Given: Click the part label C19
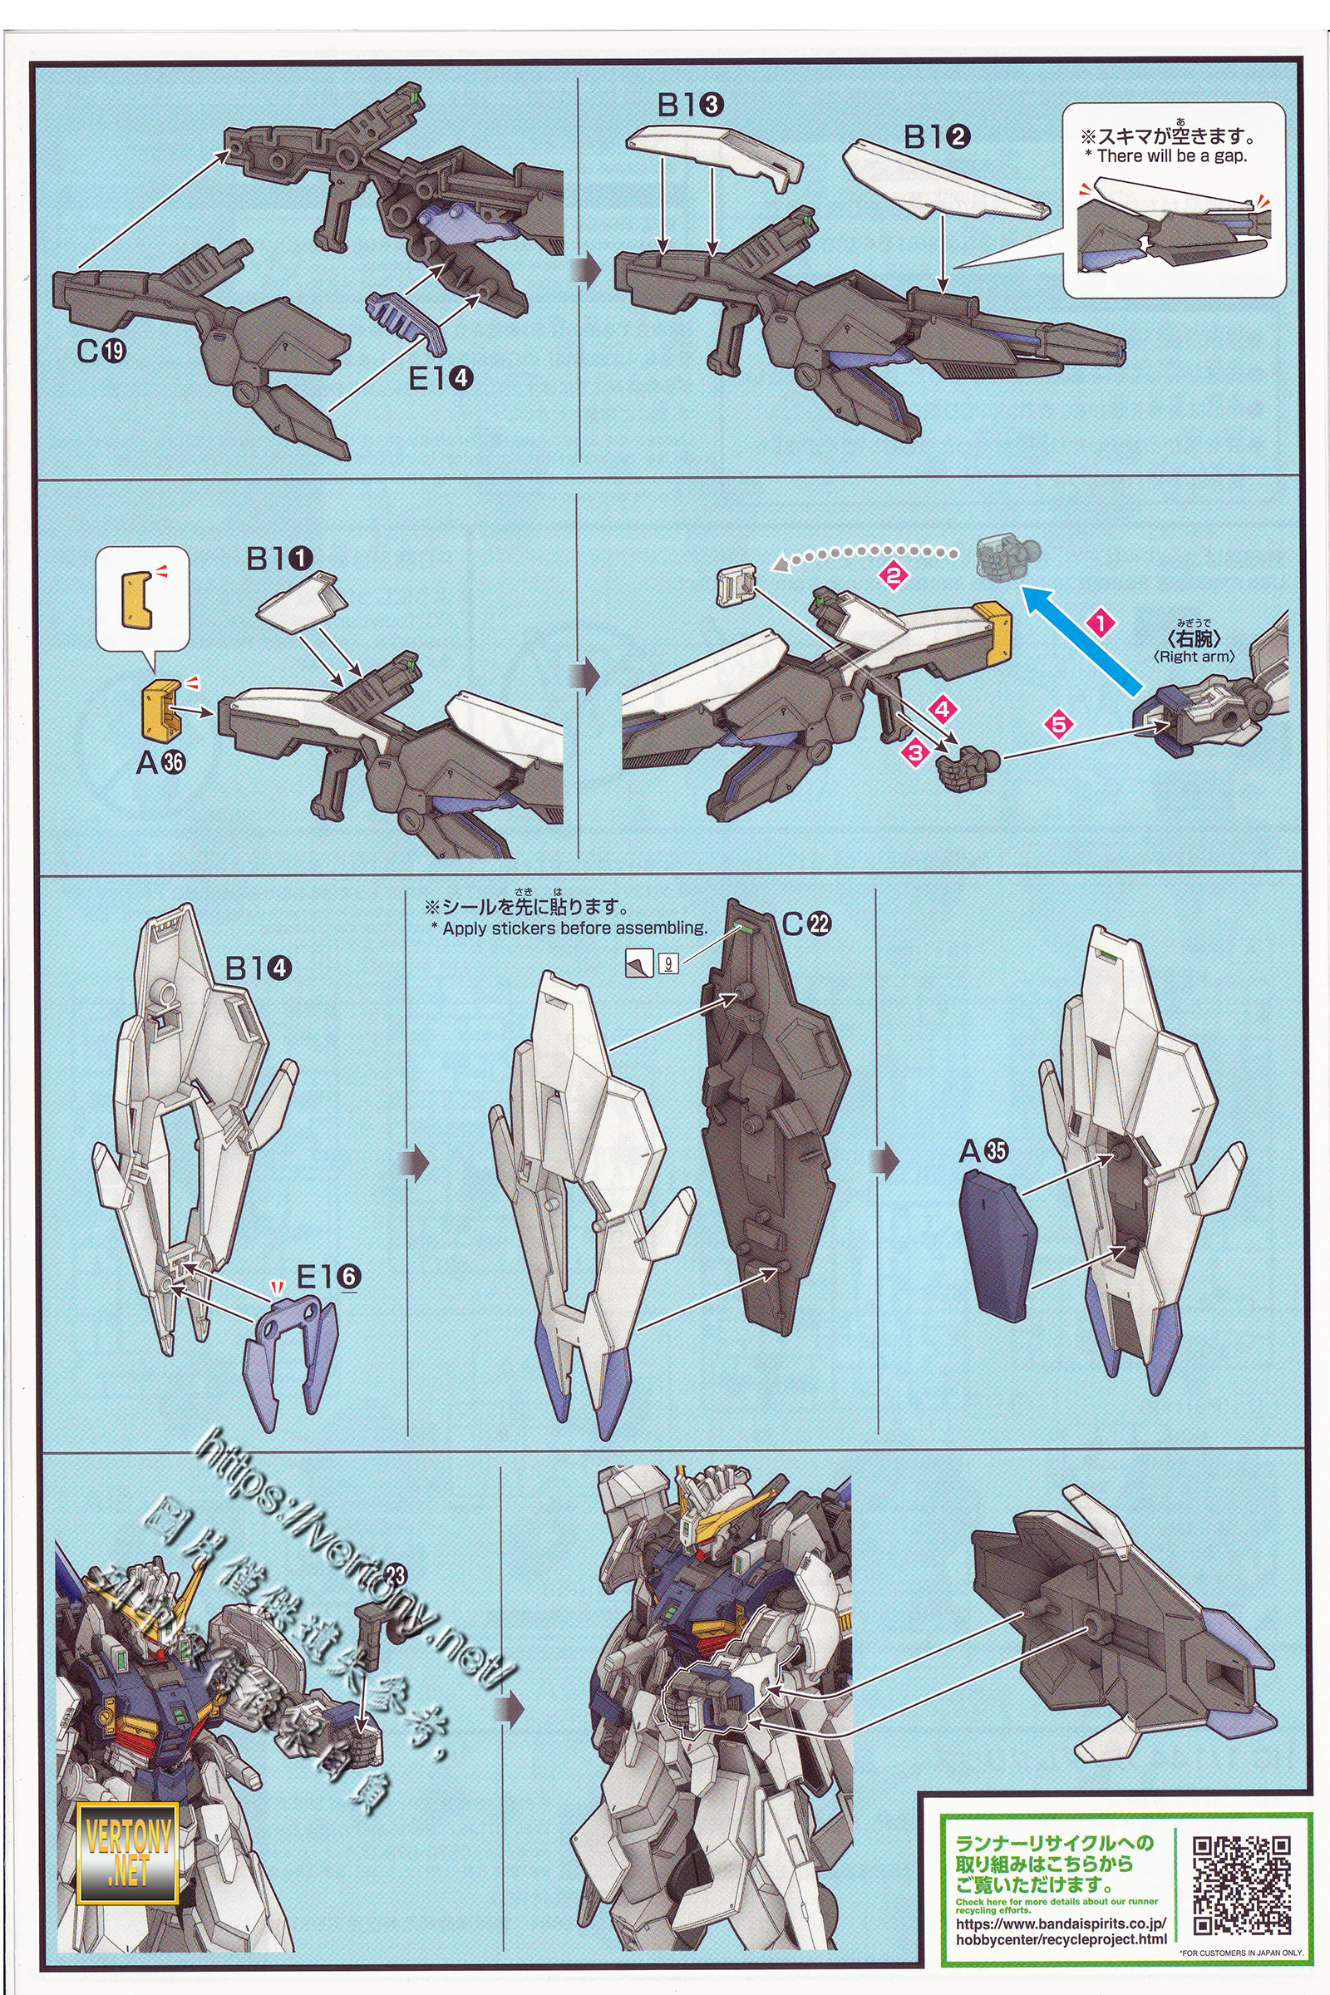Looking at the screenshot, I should tap(101, 349).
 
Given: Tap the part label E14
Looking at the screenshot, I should tap(441, 378).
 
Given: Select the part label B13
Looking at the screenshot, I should tap(690, 105).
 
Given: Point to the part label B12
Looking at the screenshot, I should tap(938, 135).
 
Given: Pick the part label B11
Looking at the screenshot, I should tap(279, 558).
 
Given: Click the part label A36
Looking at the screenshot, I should tap(160, 761).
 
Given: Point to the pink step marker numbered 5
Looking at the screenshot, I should tap(1057, 724).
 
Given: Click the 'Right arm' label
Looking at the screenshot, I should tap(1194, 657).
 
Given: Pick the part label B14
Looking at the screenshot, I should tap(258, 968).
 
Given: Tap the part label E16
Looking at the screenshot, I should tap(328, 1276).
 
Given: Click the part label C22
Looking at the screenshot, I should tap(806, 924).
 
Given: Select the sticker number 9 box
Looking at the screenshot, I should tap(668, 963).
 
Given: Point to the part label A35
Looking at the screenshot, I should tap(983, 1151).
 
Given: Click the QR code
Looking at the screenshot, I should tap(1242, 1884).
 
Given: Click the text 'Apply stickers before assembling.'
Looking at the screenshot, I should tap(574, 928).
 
